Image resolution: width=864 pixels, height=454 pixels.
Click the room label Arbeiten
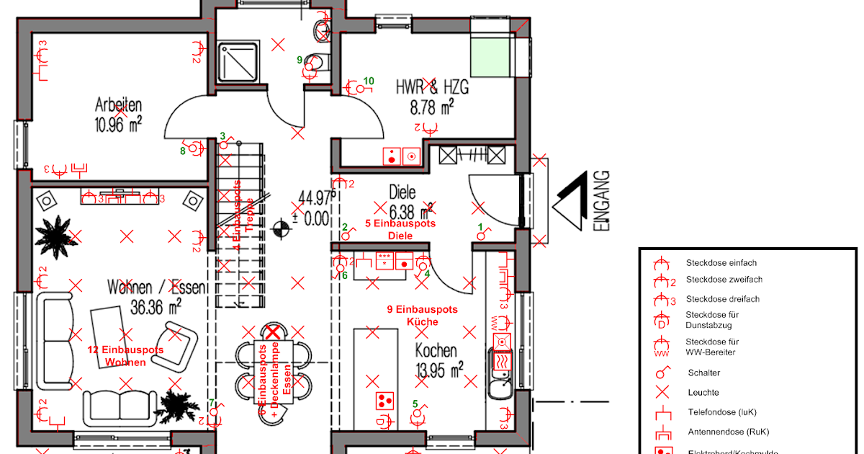point(118,104)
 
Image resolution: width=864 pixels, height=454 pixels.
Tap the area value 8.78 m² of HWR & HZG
point(432,109)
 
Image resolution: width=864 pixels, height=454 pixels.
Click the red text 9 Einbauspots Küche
point(422,315)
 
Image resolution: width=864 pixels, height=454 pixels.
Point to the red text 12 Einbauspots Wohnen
point(125,356)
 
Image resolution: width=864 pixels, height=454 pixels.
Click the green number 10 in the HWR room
point(369,81)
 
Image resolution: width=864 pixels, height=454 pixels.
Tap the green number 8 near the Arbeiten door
point(183,151)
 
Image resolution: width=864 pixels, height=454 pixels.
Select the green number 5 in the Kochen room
point(415,404)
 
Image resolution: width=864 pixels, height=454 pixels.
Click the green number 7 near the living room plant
point(211,403)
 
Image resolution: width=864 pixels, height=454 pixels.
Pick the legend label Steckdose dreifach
point(722,298)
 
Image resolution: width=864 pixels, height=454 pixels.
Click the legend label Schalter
point(703,373)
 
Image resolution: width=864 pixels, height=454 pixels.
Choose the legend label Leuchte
point(702,393)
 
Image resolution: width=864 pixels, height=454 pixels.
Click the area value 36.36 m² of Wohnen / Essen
point(156,307)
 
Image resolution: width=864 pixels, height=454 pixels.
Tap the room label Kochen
point(436,351)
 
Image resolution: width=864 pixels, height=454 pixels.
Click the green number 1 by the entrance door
point(481,226)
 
